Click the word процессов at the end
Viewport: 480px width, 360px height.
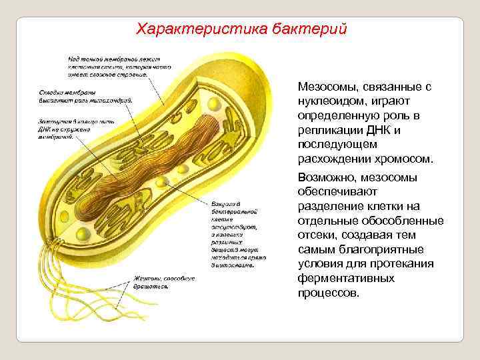point(329,293)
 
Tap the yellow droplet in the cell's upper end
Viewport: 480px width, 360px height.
point(213,105)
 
